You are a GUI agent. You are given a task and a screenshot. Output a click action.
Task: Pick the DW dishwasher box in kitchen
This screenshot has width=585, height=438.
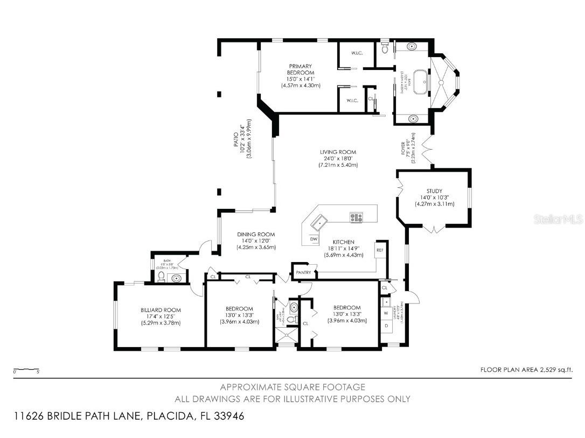pyautogui.click(x=314, y=239)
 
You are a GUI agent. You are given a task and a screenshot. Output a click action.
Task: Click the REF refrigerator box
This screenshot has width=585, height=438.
pyautogui.click(x=380, y=250)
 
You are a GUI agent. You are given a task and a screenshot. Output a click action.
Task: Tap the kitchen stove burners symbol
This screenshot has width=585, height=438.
pyautogui.click(x=356, y=218)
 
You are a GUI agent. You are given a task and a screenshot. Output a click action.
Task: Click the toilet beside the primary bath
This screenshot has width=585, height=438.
pyautogui.click(x=384, y=49)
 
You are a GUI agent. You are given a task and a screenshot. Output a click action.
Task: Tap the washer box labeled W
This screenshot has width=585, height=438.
pyautogui.click(x=386, y=313)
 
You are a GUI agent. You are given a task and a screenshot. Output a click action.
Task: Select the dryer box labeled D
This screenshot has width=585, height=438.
pyautogui.click(x=386, y=326)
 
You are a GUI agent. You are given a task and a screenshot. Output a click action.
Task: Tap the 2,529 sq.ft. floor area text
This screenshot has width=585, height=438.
pyautogui.click(x=526, y=370)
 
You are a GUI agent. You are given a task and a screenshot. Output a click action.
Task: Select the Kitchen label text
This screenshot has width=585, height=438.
pyautogui.click(x=343, y=242)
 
